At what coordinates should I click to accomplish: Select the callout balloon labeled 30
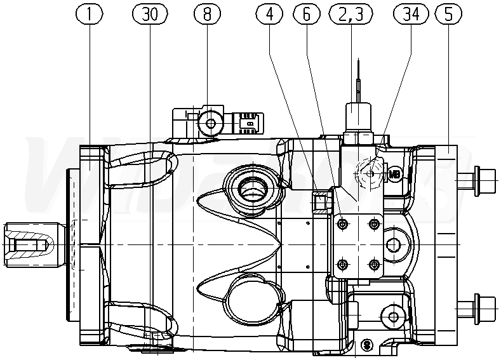(x=149, y=13)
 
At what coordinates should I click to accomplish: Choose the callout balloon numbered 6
(x=306, y=13)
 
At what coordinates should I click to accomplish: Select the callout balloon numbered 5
(x=449, y=13)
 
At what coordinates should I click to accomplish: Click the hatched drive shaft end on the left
(x=29, y=244)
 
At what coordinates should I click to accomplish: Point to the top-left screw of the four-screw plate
(x=343, y=224)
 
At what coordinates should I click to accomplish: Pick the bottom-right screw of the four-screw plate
(x=373, y=263)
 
